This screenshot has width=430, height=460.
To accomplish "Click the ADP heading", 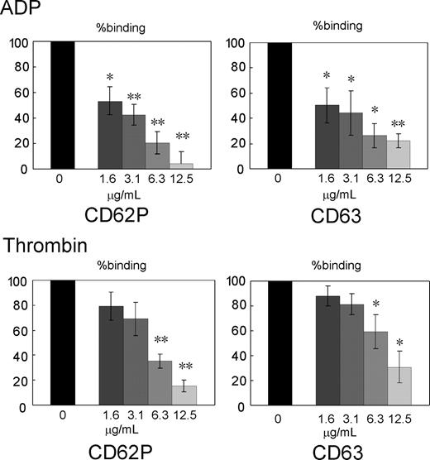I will coord(20,10).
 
